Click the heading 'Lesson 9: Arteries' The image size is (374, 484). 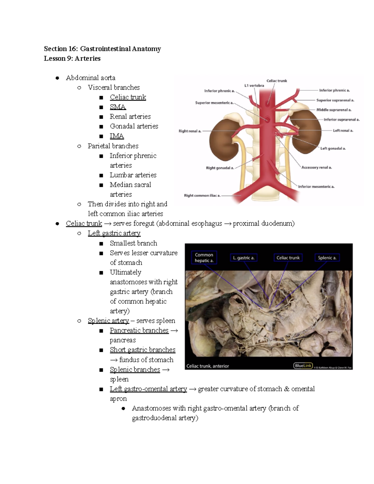point(72,59)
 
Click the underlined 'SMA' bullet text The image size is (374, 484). point(118,107)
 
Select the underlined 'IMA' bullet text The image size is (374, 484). point(117,136)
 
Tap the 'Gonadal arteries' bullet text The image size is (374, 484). point(134,126)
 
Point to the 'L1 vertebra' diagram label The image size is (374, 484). point(254,85)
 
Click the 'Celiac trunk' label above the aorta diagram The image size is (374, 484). point(276,81)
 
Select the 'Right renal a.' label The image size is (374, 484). point(190,131)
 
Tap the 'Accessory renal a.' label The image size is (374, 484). point(316,167)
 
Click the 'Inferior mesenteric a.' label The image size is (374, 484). point(316,187)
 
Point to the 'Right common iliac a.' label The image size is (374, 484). point(202,196)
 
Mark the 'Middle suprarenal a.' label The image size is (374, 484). point(334,110)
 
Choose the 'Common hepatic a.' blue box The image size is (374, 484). point(204,258)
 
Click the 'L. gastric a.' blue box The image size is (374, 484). point(244,258)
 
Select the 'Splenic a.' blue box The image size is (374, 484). point(327,258)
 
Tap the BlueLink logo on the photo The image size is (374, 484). point(303,366)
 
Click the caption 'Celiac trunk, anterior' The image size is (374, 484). point(208,366)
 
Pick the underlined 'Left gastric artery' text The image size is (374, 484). point(114,233)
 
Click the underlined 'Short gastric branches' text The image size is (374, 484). point(142,350)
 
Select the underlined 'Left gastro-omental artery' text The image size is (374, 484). point(148,389)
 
